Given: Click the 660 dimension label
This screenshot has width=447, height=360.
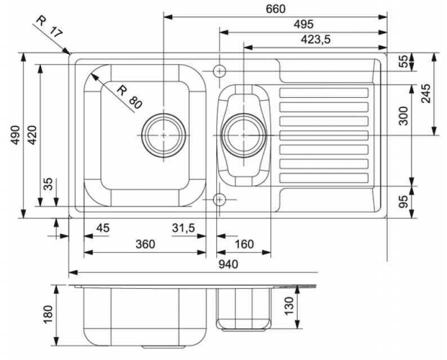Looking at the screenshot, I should (275, 8).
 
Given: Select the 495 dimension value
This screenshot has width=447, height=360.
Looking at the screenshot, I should (303, 24).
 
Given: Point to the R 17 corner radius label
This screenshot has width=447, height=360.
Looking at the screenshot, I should (48, 26).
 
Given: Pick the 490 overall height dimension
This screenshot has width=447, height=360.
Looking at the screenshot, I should (15, 135).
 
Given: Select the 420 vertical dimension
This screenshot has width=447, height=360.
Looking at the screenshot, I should (32, 135).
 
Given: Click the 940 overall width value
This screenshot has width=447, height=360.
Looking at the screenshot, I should (227, 264).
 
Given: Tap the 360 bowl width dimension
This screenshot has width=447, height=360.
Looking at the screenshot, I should (145, 244).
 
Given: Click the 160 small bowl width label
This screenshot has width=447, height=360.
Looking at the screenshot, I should (244, 244).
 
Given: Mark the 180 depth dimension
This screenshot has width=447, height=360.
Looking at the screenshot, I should (48, 315).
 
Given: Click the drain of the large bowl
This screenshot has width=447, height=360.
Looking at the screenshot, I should (163, 136).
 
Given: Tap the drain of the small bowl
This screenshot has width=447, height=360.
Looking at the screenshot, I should (244, 135).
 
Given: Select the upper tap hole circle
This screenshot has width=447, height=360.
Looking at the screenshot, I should (220, 71).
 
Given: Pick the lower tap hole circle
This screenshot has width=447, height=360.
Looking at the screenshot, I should (220, 199).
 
